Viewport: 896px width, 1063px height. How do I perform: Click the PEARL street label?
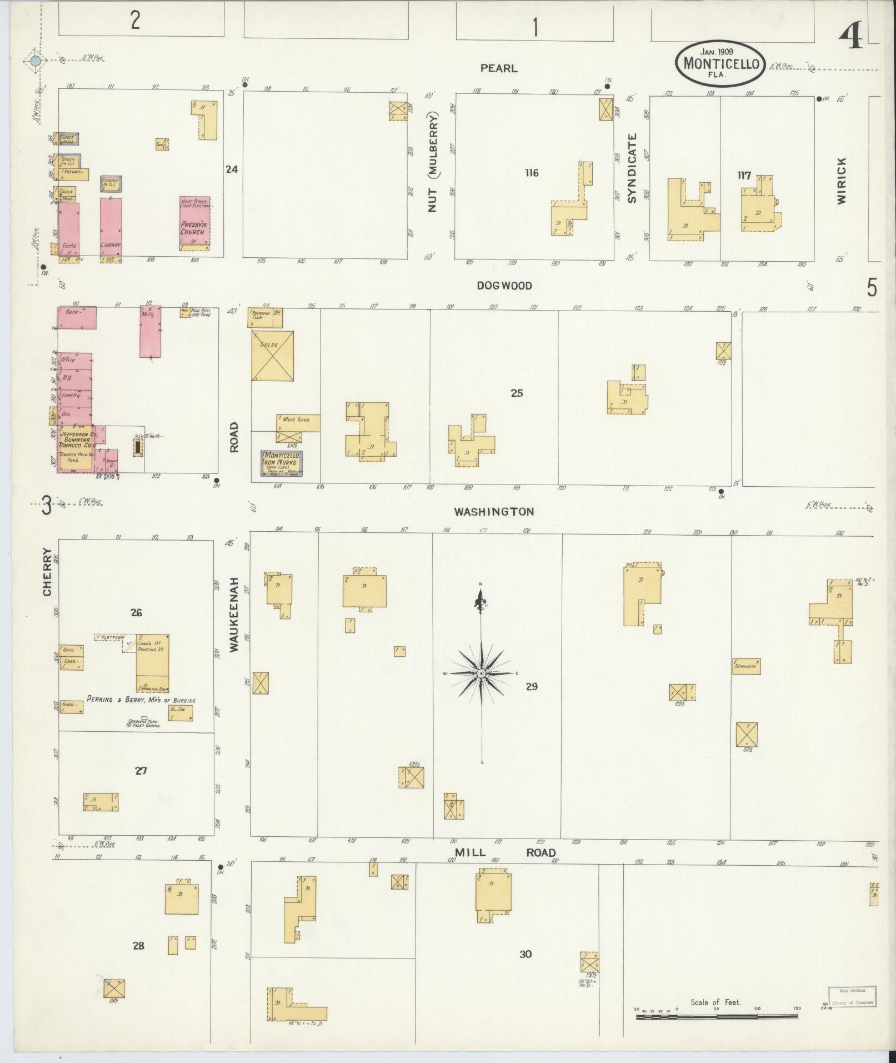498,68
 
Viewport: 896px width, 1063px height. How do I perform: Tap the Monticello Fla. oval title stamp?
720,64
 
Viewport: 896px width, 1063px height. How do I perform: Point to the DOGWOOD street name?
504,286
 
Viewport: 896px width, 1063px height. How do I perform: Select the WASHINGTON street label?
494,512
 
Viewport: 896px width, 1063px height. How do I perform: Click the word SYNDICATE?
632,168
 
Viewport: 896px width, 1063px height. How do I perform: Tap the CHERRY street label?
47,572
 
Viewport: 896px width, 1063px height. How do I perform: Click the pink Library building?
111,228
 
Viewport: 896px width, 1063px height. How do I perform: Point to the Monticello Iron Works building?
282,463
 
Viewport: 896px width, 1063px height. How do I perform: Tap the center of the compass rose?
482,673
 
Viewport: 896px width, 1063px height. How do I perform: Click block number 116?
532,173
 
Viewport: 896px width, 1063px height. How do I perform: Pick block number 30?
525,954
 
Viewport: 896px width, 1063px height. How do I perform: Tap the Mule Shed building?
298,422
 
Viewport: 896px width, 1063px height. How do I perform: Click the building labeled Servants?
746,666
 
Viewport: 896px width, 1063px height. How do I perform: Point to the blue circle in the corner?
36,61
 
